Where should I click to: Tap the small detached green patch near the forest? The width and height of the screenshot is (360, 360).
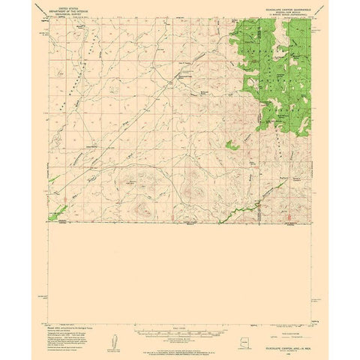point(232,144)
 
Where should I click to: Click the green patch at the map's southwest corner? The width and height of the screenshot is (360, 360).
point(57,217)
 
